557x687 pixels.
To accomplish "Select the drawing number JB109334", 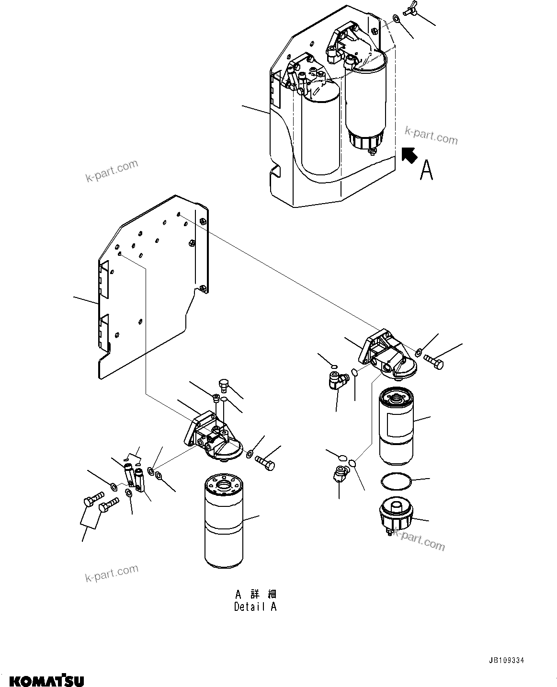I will pos(506,660).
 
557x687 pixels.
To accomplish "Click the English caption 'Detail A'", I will pos(255,607).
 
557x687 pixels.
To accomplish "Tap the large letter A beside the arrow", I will pos(426,170).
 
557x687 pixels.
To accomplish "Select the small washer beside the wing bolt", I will pos(397,19).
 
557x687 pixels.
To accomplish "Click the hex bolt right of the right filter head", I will pos(433,363).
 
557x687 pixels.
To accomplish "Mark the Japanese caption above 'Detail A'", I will pos(255,595).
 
